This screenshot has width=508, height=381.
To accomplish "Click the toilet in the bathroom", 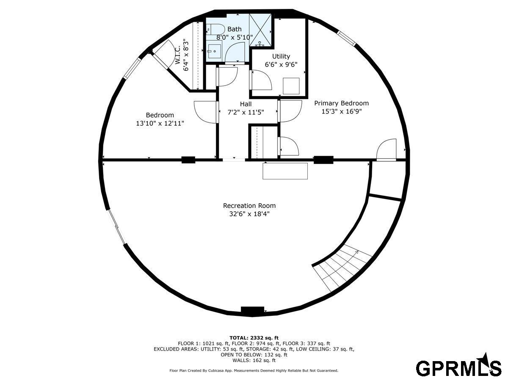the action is (215, 30).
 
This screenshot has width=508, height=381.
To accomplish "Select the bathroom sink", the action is (214, 51).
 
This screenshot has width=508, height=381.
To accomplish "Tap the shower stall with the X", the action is (260, 30).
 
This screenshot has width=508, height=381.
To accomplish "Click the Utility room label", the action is (281, 56).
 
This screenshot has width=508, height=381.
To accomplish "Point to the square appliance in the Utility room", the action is (291, 86).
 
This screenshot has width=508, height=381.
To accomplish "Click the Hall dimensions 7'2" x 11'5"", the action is (246, 113).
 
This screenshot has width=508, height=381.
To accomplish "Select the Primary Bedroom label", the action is (341, 103).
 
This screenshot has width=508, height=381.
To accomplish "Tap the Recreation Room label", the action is (249, 206).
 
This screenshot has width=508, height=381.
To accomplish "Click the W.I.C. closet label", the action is (177, 55).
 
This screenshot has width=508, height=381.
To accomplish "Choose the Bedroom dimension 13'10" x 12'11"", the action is (160, 123).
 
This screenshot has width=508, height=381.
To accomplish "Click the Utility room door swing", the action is (261, 80).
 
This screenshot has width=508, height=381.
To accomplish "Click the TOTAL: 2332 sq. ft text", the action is (254, 338).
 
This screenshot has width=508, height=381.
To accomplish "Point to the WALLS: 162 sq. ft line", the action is (254, 360).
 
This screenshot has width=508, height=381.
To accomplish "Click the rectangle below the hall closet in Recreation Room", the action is (285, 171).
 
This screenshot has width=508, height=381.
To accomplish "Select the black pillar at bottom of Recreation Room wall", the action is (252, 312).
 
